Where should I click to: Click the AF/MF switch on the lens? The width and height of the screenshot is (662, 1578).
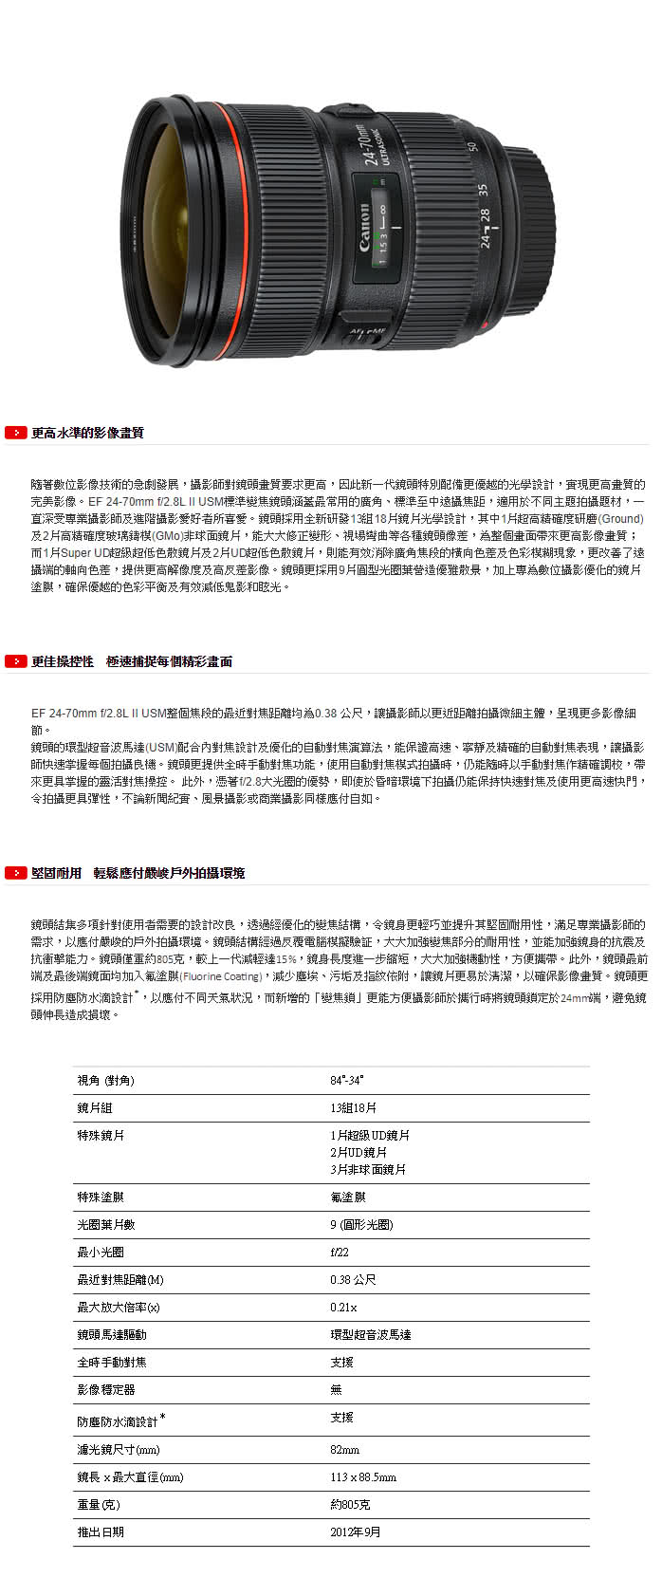pos(368,330)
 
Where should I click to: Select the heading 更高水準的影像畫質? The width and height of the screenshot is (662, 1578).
pos(87,433)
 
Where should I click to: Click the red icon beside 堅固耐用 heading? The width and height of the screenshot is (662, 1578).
pos(15,873)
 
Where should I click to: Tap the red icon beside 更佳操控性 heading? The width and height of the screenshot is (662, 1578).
pos(15,661)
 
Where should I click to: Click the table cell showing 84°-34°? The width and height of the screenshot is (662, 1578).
pos(347,1080)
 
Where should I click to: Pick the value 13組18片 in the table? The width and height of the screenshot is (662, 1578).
pos(353,1107)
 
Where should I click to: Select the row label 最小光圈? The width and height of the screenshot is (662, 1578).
pos(101,1252)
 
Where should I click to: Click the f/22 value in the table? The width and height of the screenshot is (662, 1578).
pos(340,1252)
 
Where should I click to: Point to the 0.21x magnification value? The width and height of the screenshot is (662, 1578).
pos(343,1307)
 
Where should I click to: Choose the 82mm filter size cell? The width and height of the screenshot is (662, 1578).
pos(344,1449)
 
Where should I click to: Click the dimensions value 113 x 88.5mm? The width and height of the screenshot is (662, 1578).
pos(363,1476)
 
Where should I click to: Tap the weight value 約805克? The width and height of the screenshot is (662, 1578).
pos(350,1504)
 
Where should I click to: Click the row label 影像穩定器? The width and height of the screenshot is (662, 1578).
pos(106,1389)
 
